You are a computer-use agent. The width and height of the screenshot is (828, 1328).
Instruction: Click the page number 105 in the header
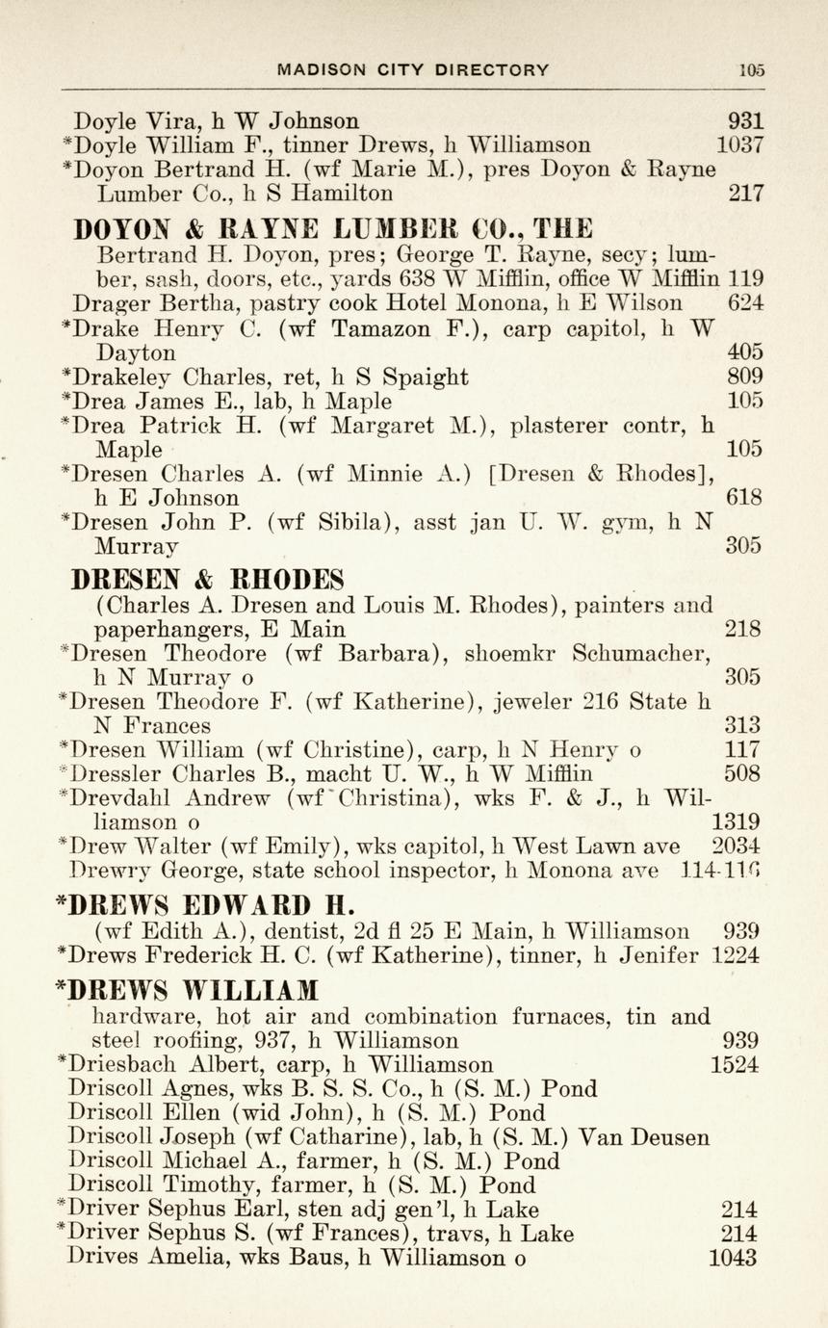click(x=751, y=69)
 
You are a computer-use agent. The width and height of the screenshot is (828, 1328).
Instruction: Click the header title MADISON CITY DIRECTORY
click(x=413, y=69)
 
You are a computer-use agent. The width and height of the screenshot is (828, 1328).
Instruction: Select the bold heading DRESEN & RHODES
click(x=209, y=580)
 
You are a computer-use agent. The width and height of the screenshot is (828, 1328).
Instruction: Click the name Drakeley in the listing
click(x=124, y=377)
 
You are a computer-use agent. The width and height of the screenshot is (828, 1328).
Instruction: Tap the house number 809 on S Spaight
click(x=745, y=377)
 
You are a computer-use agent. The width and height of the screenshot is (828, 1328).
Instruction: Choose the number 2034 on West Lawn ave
click(x=736, y=846)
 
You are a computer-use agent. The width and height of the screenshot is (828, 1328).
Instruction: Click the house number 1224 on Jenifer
click(x=736, y=955)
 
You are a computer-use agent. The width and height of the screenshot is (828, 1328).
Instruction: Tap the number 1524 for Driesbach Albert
click(x=735, y=1064)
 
